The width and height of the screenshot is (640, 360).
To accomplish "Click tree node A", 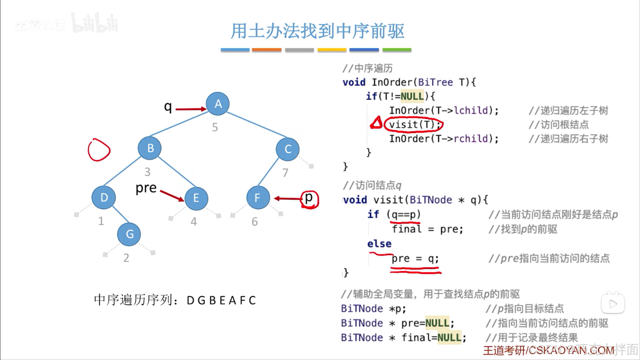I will [218, 104].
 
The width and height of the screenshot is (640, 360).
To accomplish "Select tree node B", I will [150, 148].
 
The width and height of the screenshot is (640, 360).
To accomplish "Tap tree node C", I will [287, 149].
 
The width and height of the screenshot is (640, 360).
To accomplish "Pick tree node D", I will [104, 198].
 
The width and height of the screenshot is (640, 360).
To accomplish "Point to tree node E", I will [196, 199].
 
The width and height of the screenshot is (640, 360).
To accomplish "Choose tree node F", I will [258, 198].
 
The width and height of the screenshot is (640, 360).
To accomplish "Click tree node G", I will [129, 234].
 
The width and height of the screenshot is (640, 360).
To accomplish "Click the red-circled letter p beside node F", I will [309, 199].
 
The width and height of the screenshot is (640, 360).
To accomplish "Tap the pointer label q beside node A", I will [168, 107].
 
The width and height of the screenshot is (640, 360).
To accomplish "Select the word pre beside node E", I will [146, 188].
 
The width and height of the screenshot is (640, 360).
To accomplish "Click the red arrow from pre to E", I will [172, 196].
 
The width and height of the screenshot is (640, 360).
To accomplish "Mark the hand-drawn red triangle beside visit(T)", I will [377, 123].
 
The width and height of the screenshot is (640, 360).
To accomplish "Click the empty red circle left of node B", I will [99, 150].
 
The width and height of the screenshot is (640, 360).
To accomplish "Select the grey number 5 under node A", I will [215, 127].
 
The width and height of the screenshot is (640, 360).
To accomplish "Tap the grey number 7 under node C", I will [285, 173].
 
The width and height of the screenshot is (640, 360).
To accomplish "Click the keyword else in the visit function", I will [379, 244].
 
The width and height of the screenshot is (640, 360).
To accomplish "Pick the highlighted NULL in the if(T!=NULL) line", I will [412, 96].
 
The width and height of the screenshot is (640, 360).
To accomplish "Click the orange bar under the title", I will [266, 50].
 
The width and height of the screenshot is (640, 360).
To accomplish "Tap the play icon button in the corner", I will [613, 304].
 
